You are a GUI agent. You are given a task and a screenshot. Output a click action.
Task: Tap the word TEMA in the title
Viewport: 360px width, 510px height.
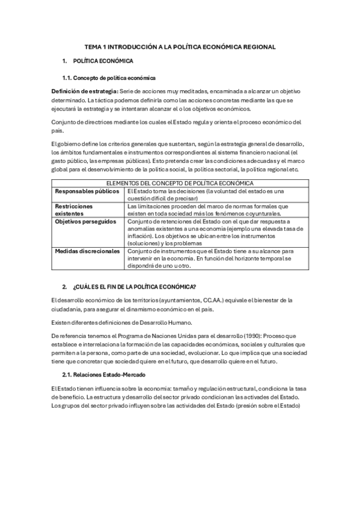[93, 46]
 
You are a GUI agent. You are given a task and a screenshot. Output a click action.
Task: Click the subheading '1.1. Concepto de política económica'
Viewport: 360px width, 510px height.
[109, 78]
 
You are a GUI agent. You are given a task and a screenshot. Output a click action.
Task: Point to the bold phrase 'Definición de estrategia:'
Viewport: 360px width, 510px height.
[85, 91]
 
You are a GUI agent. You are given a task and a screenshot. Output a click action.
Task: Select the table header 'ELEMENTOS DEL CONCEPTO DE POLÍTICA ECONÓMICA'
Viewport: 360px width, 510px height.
[179, 183]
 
